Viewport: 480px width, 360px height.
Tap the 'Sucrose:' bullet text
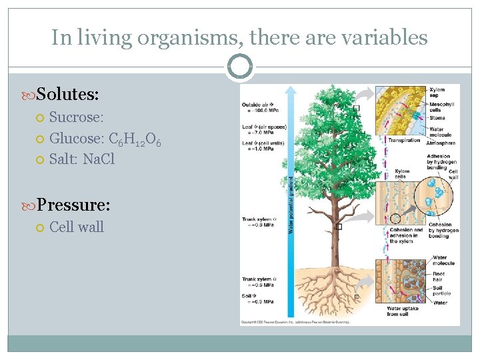click(76, 118)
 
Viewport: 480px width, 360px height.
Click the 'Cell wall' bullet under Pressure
click(76, 227)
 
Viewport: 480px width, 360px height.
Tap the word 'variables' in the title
click(383, 37)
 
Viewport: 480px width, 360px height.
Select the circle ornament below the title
click(239, 67)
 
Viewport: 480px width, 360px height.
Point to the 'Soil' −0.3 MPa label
click(256, 298)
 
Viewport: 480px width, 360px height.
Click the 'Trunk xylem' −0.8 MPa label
click(257, 222)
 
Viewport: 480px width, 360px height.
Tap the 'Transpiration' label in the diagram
click(405, 140)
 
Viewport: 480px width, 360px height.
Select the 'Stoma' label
click(437, 118)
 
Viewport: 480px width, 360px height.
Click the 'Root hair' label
click(441, 275)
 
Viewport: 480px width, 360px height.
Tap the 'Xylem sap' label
click(437, 92)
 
